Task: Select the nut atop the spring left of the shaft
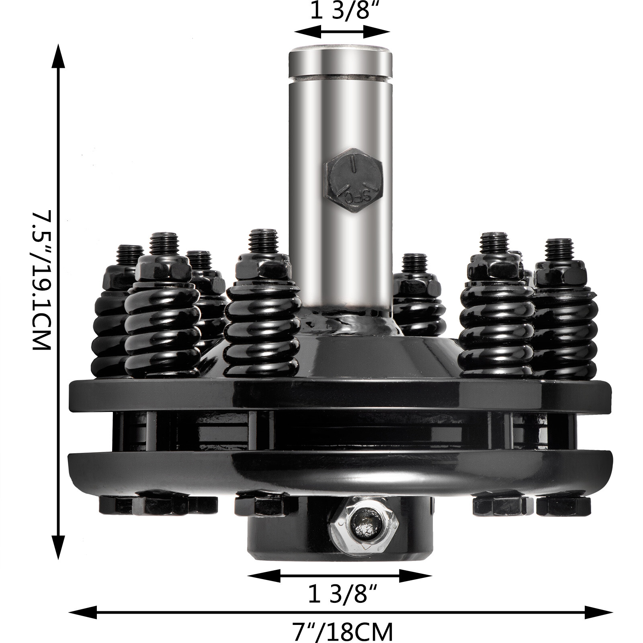pyautogui.click(x=263, y=267)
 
